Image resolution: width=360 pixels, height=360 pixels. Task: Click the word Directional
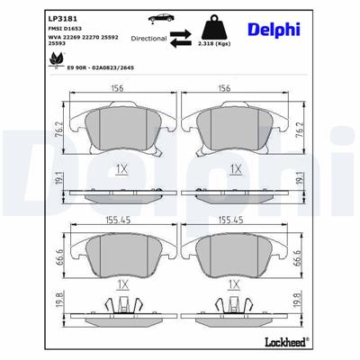(x=148, y=40)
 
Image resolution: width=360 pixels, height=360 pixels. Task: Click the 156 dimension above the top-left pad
(x=117, y=87)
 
